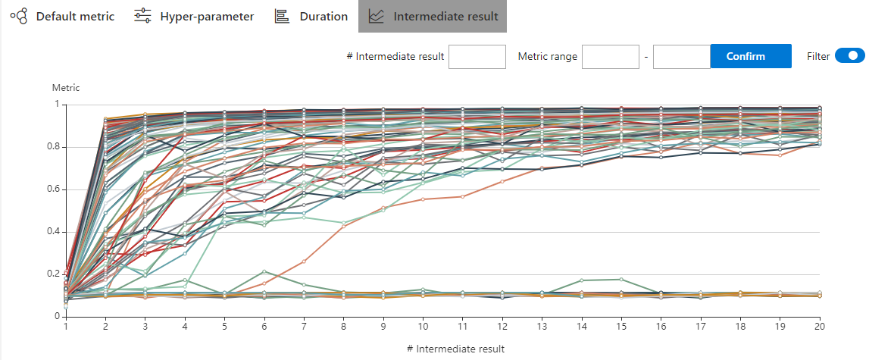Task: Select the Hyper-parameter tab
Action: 194,16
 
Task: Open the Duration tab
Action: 311,16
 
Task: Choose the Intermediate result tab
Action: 433,16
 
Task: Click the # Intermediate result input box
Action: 477,57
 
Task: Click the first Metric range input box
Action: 611,57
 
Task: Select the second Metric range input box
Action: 681,57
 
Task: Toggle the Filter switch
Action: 849,56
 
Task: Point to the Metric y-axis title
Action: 66,88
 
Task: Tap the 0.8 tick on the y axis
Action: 52,147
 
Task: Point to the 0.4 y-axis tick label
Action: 52,232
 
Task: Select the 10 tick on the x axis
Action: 423,327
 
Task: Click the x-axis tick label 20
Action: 818,327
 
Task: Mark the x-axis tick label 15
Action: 620,327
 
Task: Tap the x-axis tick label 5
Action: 224,327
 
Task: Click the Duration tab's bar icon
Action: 282,16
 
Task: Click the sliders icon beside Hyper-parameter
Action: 142,16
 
